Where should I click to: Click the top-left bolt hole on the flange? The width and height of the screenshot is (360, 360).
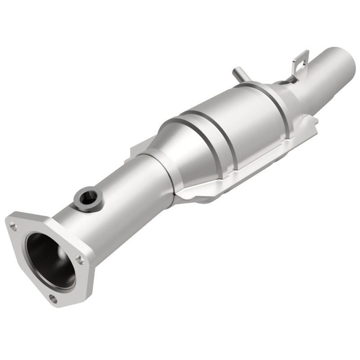[x=14, y=227]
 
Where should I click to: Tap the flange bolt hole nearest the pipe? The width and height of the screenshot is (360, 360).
[x=80, y=260]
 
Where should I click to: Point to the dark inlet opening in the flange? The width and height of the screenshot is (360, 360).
[x=50, y=261]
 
